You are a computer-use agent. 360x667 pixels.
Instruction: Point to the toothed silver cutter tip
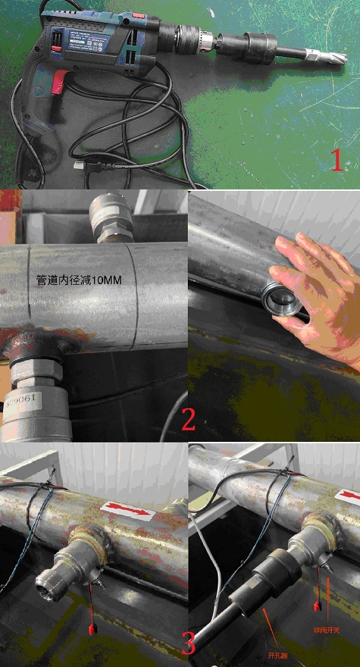coord(328,56)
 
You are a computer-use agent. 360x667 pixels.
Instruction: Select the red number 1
coord(337,160)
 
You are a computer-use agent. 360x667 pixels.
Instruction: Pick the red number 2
coord(188,420)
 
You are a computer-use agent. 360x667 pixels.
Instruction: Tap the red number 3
coord(188,645)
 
